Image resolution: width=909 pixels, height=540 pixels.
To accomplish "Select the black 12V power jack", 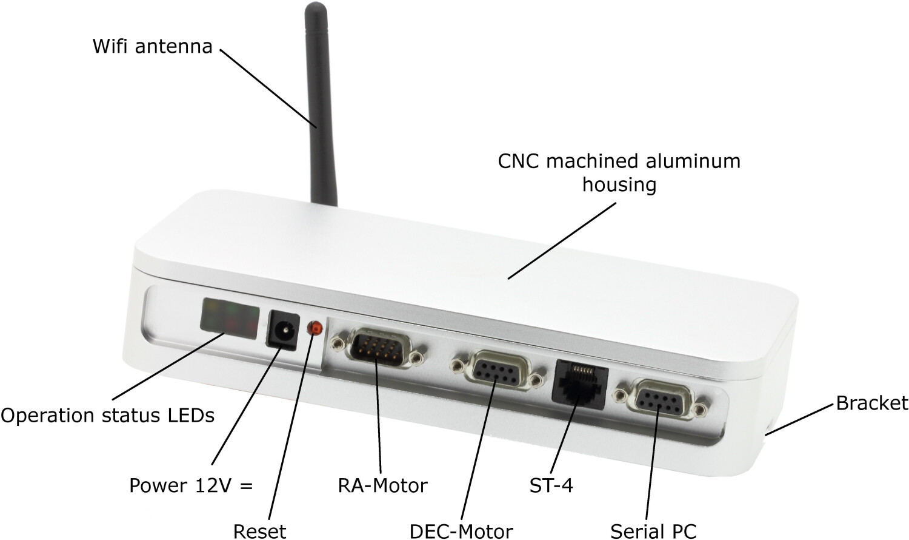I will click(282, 330).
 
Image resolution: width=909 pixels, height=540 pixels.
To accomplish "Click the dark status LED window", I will click(229, 316).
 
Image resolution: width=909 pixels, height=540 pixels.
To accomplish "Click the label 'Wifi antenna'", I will click(152, 46).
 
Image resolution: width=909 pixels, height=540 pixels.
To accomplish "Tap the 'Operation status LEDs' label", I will click(107, 416).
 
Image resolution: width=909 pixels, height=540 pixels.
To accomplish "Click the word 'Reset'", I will click(259, 531).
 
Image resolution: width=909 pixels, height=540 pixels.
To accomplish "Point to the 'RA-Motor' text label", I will click(382, 485).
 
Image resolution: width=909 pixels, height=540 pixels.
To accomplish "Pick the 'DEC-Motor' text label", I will click(461, 531).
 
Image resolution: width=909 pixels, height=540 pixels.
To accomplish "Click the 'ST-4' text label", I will click(551, 485).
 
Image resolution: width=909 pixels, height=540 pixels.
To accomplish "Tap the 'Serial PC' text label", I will click(653, 531).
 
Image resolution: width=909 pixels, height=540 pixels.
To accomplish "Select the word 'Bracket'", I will click(871, 403).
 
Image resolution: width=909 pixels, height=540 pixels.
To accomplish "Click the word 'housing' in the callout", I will click(619, 184).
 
